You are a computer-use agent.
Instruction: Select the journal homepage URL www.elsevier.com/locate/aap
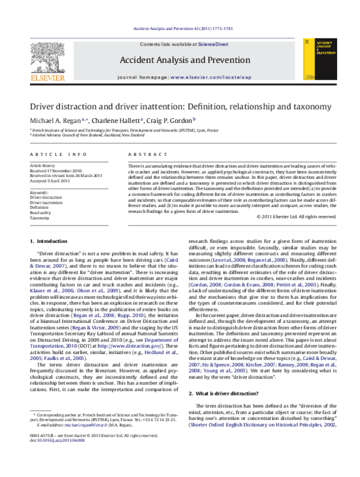[x=211, y=78]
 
